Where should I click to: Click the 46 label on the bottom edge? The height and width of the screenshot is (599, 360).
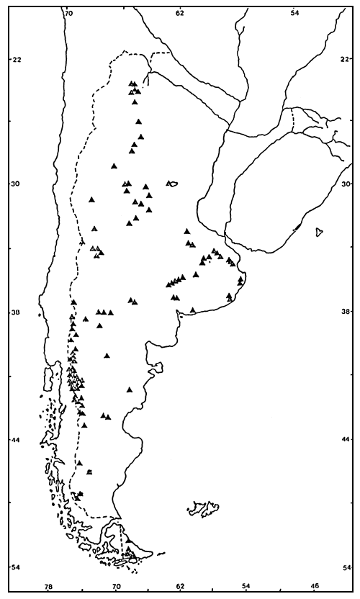coord(315,587)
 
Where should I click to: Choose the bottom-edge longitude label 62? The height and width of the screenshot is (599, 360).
coord(180,587)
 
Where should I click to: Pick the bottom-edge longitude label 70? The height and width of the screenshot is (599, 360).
coord(116,587)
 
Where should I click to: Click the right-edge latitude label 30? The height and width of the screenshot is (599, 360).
coord(348,184)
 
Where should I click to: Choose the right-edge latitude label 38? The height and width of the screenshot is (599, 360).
coord(348,312)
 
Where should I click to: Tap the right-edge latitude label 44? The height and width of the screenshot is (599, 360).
coord(348,440)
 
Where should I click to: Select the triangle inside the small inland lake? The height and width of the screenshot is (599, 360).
coord(171,184)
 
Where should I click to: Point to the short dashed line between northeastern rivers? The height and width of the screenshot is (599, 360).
coord(293,121)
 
